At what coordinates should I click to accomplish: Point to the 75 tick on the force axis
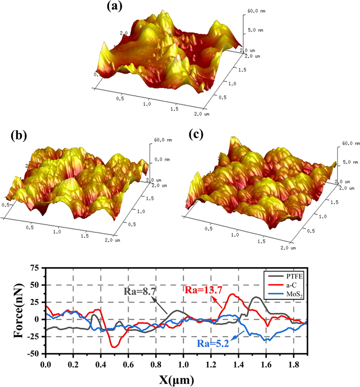[x=36, y=268]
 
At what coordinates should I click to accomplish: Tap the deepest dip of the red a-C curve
[x=114, y=347]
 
